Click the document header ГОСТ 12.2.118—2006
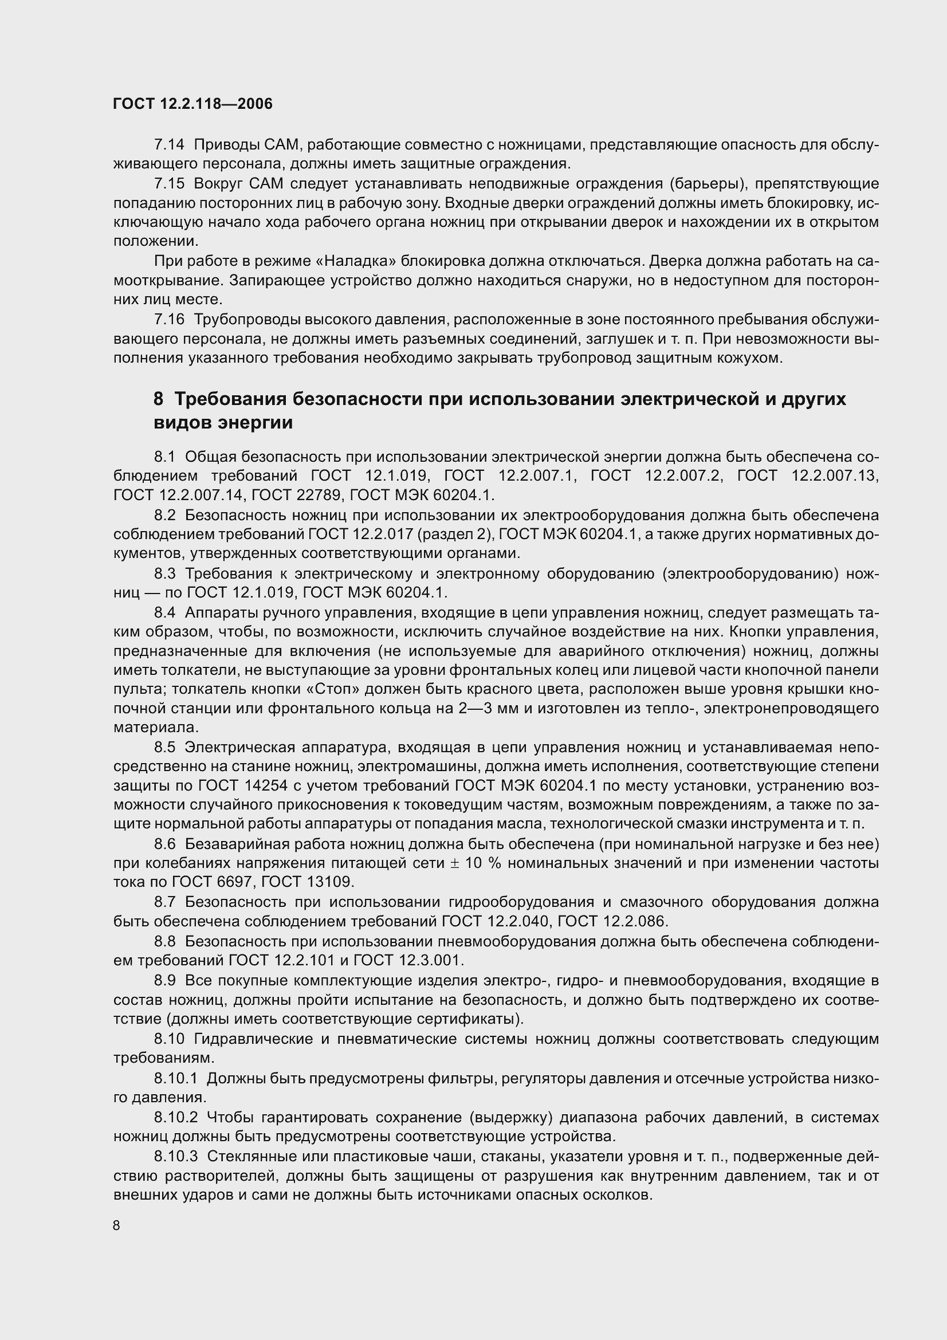pyautogui.click(x=192, y=104)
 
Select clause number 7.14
pyautogui.click(x=169, y=144)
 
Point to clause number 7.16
pyautogui.click(x=169, y=319)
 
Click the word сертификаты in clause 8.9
pyautogui.click(x=468, y=1019)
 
